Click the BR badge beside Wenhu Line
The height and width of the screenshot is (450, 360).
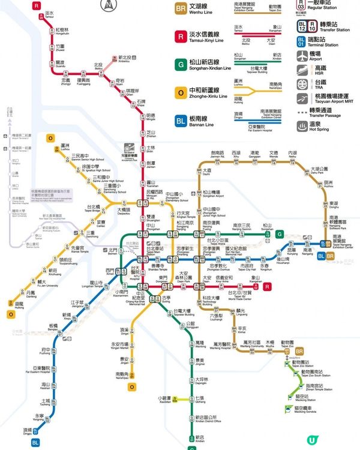point(181,9)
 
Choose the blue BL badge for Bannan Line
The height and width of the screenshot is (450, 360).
point(181,121)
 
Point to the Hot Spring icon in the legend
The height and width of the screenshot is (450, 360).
point(301,127)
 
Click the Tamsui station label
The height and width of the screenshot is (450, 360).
point(49,14)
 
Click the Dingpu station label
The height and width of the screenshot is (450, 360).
point(28,431)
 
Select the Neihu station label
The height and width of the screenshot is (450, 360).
point(292,154)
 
